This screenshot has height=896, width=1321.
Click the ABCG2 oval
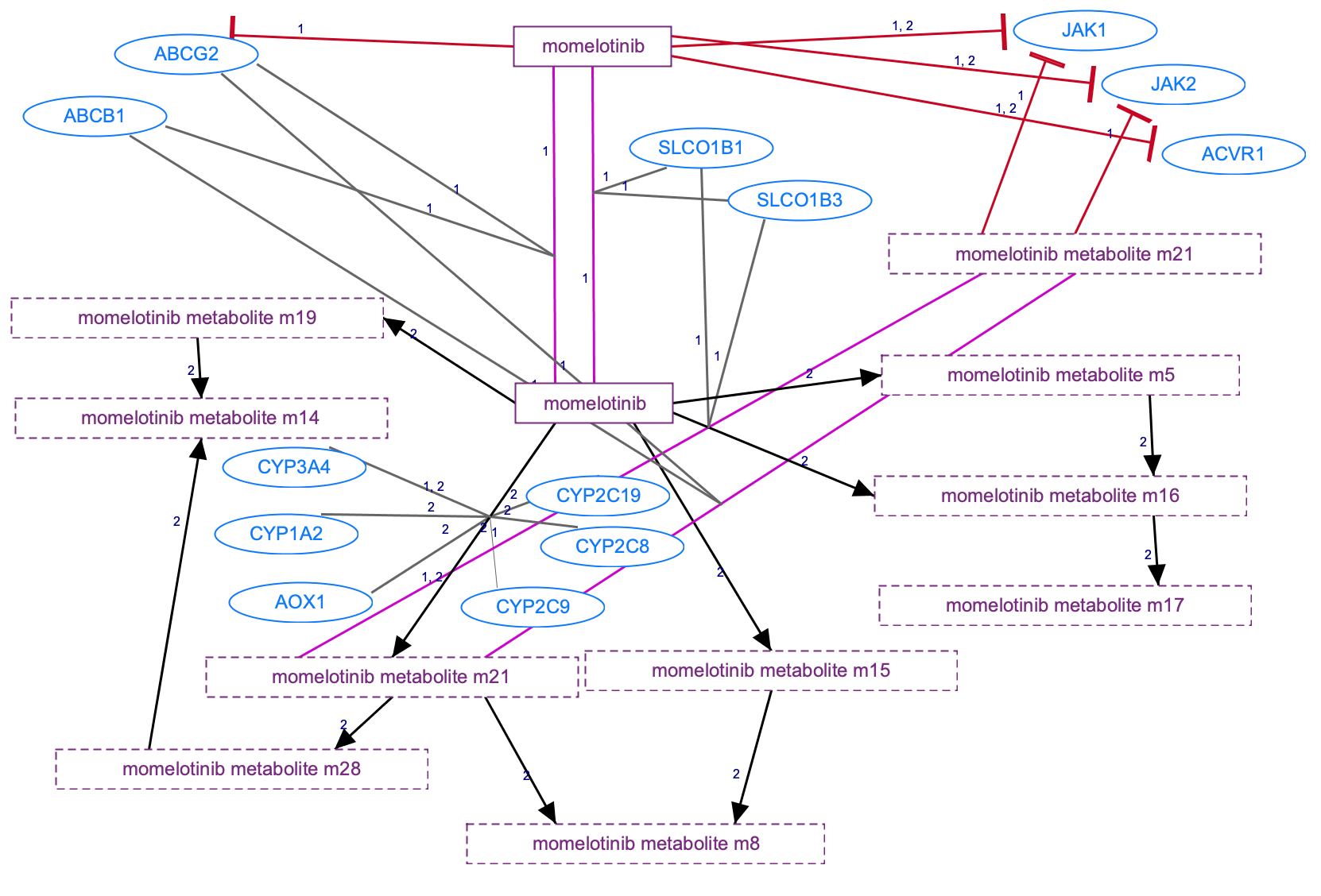click(x=186, y=54)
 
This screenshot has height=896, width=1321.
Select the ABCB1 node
click(x=95, y=116)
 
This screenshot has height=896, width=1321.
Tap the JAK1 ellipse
click(x=1084, y=31)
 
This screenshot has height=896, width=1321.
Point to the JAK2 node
click(x=1172, y=84)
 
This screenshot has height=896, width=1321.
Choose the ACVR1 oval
click(x=1233, y=154)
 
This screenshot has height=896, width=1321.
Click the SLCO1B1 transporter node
click(x=700, y=148)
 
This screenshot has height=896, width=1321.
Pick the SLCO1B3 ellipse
click(x=799, y=200)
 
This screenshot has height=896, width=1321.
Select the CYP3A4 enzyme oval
click(x=294, y=467)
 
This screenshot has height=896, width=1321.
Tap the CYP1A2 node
click(x=286, y=534)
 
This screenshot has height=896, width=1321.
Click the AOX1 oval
click(x=300, y=602)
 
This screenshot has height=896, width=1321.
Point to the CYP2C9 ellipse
click(x=533, y=607)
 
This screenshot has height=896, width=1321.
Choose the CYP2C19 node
click(x=598, y=496)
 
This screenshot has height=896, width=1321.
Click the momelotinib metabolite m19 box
click(x=197, y=319)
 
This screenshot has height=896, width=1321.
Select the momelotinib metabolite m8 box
click(x=645, y=844)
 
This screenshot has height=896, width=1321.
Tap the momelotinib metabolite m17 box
click(x=1064, y=605)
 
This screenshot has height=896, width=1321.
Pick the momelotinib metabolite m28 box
click(x=242, y=769)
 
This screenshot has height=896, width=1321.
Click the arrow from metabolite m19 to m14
click(x=200, y=368)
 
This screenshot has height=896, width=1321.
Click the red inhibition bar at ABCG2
click(x=232, y=27)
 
